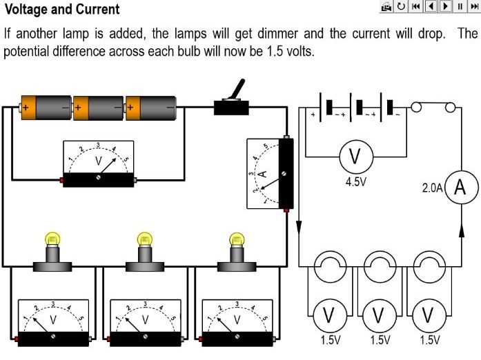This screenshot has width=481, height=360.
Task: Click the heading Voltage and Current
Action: click(x=61, y=10)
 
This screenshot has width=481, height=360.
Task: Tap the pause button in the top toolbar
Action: click(x=460, y=7)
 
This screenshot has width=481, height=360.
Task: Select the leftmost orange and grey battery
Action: click(x=46, y=108)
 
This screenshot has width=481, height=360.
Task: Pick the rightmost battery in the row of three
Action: click(x=152, y=108)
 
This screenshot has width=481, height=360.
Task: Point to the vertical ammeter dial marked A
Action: click(x=270, y=174)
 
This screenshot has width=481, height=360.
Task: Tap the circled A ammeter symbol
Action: click(x=463, y=188)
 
